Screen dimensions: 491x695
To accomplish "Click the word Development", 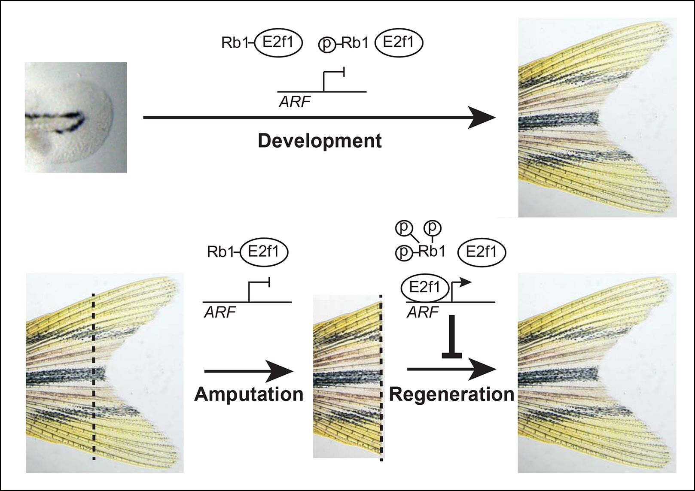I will point(320,141).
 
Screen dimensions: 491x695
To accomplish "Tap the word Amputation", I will point(249,394).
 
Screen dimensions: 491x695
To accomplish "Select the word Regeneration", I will point(451,394).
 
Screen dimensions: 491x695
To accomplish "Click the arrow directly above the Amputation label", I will point(249,370).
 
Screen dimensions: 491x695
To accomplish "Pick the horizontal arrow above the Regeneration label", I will point(451,369).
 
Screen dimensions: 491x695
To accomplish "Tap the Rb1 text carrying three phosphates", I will point(432,252).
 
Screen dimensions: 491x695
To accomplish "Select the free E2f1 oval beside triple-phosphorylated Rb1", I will point(481,252).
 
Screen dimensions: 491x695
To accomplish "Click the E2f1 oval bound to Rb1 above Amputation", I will point(264,252).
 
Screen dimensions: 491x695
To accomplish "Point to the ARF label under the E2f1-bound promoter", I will point(422,312).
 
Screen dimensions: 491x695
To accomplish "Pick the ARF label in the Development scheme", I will point(294,101).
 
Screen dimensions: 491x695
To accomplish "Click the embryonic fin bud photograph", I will point(76,117).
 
